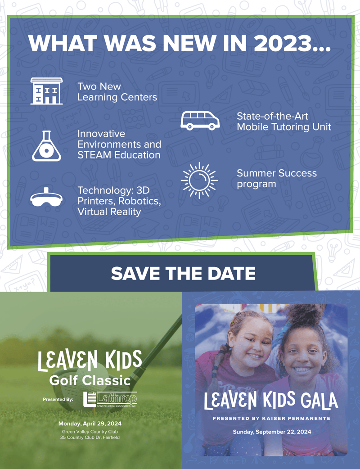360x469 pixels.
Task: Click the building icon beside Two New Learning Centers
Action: [x=47, y=91]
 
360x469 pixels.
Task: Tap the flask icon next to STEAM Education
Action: [x=47, y=146]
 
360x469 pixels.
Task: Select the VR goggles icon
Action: [x=46, y=198]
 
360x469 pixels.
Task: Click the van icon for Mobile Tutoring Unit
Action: [x=200, y=121]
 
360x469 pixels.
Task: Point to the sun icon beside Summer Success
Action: [x=199, y=180]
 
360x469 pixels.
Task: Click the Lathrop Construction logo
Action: [x=110, y=399]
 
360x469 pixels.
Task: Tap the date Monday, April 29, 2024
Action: [x=90, y=424]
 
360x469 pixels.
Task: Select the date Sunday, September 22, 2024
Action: [x=272, y=432]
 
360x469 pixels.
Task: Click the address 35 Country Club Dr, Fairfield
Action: [x=90, y=437]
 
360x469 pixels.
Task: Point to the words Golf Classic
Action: [x=90, y=380]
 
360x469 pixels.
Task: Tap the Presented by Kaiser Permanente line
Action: [x=271, y=419]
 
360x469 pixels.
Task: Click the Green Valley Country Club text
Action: [x=90, y=432]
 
